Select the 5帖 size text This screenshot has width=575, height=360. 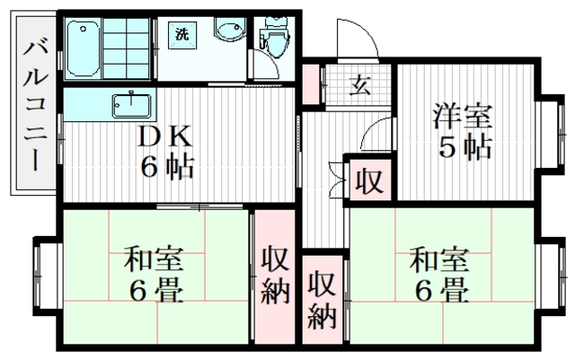point(464,148)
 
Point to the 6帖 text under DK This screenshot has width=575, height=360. point(165,167)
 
